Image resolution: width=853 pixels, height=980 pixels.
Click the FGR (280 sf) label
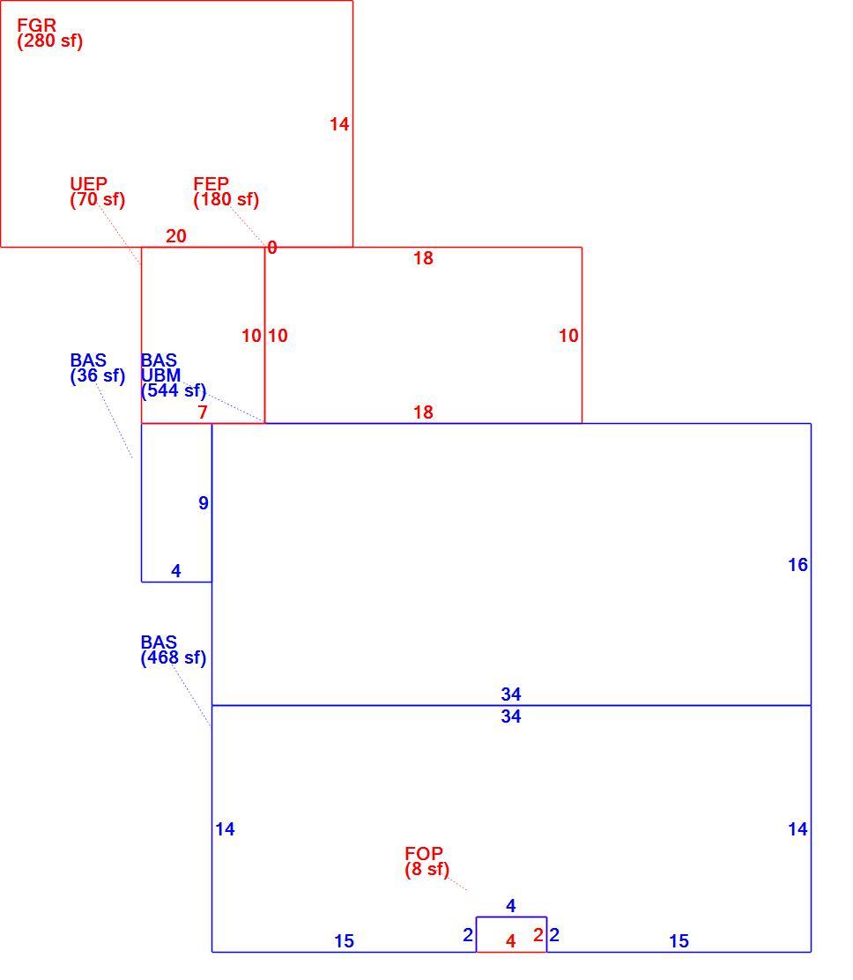50,33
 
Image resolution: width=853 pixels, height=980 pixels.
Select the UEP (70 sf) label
98,192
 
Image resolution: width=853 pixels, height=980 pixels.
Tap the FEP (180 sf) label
226,192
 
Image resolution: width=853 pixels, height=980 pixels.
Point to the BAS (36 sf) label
98,368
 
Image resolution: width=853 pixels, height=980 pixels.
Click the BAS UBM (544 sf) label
173,375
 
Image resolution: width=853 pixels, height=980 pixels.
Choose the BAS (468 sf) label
173,650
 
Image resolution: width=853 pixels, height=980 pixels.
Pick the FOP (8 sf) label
426,861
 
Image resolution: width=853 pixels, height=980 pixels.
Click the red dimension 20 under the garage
176,236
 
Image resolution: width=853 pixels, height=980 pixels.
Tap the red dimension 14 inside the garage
339,124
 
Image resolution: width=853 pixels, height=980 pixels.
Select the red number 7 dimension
203,412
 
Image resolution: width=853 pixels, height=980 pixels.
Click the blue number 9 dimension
203,503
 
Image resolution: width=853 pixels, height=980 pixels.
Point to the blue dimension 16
798,565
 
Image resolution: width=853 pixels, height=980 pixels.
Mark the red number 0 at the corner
271,248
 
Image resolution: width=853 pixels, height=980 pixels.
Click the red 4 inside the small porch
510,941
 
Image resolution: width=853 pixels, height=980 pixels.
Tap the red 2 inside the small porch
538,934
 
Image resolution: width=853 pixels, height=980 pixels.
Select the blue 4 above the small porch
510,906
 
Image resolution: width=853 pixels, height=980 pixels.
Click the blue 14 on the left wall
225,829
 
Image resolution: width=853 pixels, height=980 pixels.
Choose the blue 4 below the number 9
176,570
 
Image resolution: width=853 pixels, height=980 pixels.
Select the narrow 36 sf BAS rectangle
142,503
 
